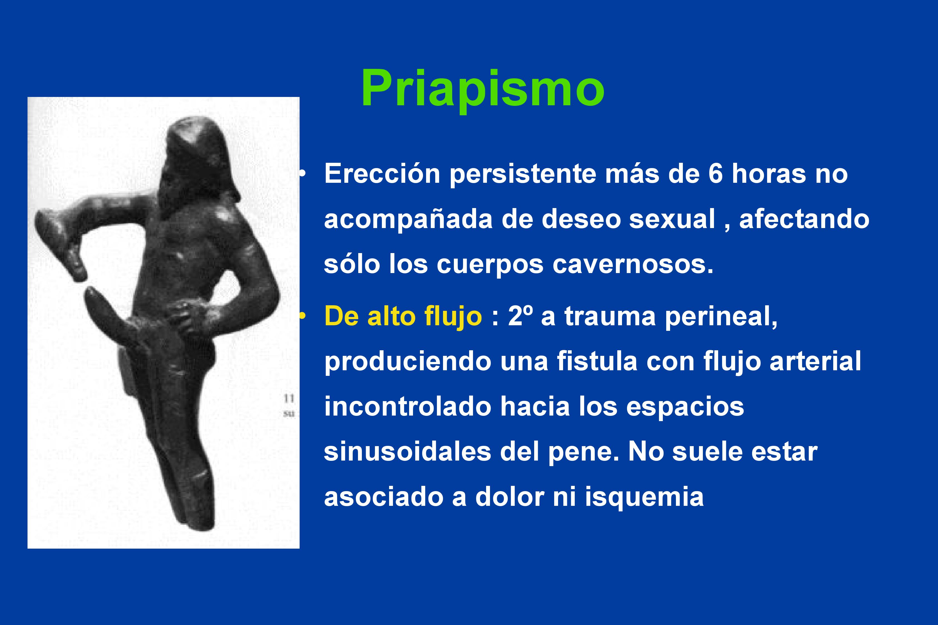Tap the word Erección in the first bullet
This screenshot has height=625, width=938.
[382, 174]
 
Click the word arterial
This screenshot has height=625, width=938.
[815, 361]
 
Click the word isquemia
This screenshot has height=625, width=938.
[644, 497]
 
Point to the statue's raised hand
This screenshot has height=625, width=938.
[60, 243]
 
